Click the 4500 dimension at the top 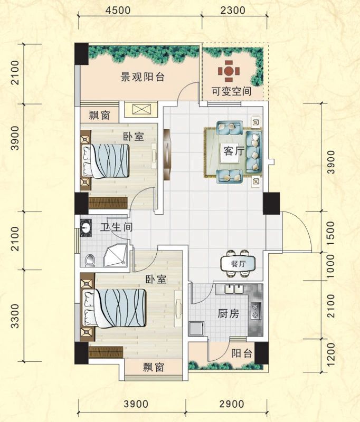[x=118, y=10]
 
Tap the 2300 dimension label [x=233, y=10]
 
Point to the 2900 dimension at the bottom [x=232, y=404]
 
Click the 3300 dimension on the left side [x=16, y=316]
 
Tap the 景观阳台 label [x=142, y=77]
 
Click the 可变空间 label [x=232, y=91]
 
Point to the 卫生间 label [x=117, y=227]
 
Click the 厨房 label [x=229, y=313]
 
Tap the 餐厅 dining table [x=238, y=263]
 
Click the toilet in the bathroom [x=90, y=260]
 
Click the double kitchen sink [x=234, y=289]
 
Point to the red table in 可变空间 [x=229, y=71]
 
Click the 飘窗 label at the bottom [x=153, y=367]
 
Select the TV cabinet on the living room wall [x=167, y=155]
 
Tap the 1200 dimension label [x=331, y=353]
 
